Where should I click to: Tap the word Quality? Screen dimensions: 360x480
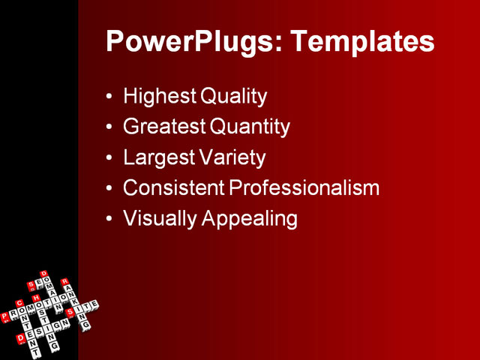click(x=234, y=97)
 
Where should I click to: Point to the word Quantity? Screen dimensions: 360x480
click(x=249, y=127)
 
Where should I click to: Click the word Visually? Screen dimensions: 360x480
click(x=154, y=219)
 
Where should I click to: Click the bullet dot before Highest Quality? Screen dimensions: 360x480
click(x=110, y=97)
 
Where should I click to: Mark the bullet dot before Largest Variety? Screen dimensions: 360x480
click(x=110, y=159)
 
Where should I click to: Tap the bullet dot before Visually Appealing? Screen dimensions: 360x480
click(x=110, y=220)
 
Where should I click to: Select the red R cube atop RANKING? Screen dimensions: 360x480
click(x=64, y=282)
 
